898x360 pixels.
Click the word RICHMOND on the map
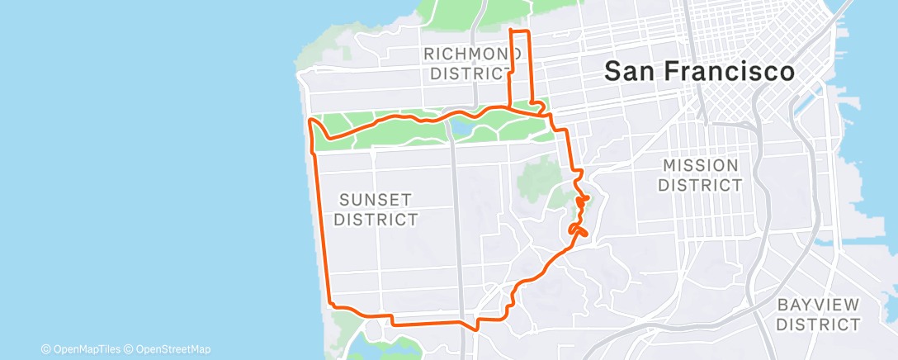pyautogui.click(x=467, y=54)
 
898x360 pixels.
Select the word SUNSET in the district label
pyautogui.click(x=377, y=200)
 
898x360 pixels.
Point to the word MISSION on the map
pyautogui.click(x=700, y=166)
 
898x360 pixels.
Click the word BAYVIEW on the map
pyautogui.click(x=818, y=305)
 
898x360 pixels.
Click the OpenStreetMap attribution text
pyautogui.click(x=173, y=349)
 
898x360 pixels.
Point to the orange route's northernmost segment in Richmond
pyautogui.click(x=519, y=31)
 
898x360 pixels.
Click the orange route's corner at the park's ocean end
pyautogui.click(x=311, y=121)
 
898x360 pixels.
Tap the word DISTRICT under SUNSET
pyautogui.click(x=377, y=220)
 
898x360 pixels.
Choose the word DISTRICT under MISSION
pyautogui.click(x=700, y=186)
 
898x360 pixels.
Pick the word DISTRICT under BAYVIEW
pyautogui.click(x=818, y=324)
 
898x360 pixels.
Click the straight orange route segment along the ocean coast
pyautogui.click(x=321, y=223)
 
